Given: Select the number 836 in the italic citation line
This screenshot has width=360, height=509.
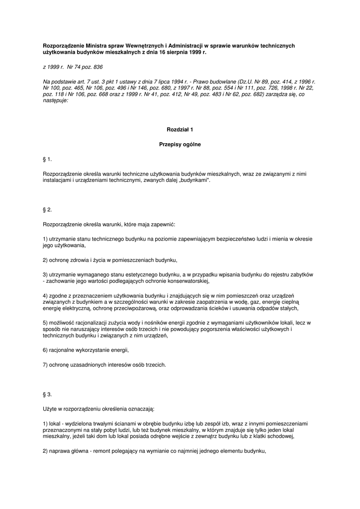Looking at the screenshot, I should (97, 66).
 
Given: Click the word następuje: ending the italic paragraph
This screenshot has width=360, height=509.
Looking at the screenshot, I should (56, 99).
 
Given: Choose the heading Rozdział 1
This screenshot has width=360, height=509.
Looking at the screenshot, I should (180, 129).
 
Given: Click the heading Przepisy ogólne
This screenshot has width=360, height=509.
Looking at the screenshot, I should (180, 145).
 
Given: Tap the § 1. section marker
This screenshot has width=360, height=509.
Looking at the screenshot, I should (48, 159).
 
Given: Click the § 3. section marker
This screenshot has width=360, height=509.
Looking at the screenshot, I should (48, 394).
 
